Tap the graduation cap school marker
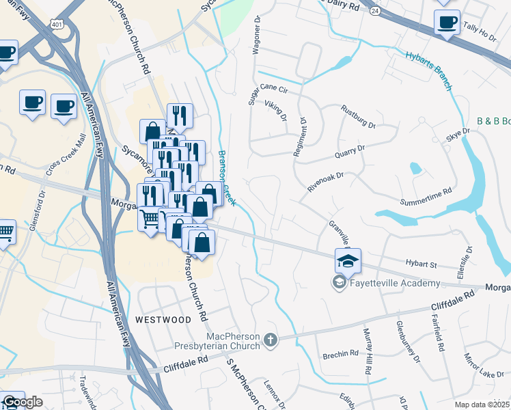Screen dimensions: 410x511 pyautogui.click(x=347, y=261)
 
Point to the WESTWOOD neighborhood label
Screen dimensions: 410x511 pyautogui.click(x=163, y=319)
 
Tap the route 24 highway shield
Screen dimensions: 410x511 pyautogui.click(x=375, y=11)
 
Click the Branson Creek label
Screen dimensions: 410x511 pyautogui.click(x=227, y=178)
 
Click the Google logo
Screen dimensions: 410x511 pyautogui.click(x=23, y=402)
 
